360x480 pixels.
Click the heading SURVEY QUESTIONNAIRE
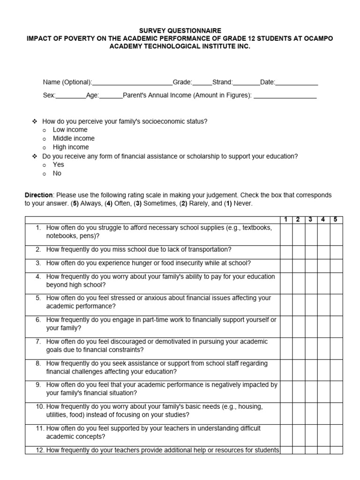tap(180, 30)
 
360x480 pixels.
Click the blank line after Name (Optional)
tap(132, 83)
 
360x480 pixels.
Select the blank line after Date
tap(297, 83)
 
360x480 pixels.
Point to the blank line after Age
tap(111, 96)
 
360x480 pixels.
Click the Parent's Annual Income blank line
tap(285, 96)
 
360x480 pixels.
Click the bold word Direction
tap(39, 195)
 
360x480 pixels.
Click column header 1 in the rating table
tap(286, 220)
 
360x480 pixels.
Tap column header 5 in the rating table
tap(336, 220)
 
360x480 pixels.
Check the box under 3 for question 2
tap(311, 250)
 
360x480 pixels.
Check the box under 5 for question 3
tap(336, 263)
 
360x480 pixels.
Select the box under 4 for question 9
tap(323, 389)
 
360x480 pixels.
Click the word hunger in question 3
tap(142, 263)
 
